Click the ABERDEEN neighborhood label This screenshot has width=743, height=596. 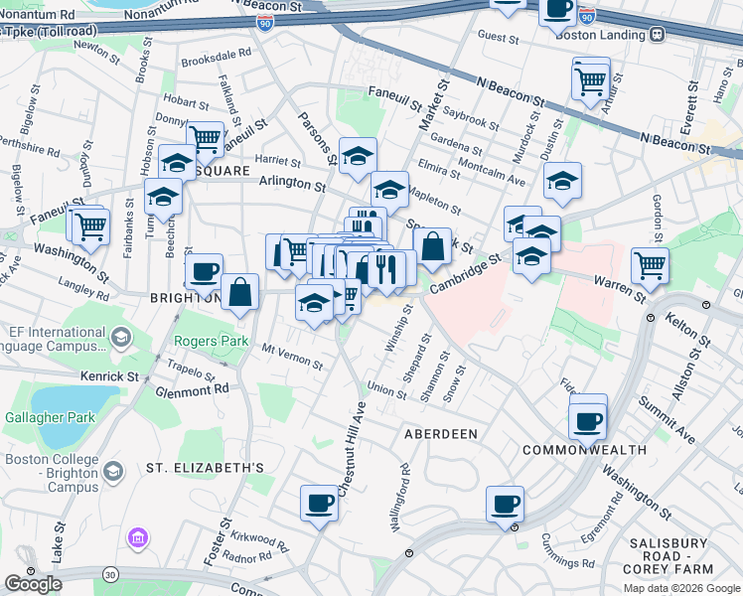tap(440, 434)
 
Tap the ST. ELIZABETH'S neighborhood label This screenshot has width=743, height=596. tap(205, 467)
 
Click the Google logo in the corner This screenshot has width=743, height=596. tap(33, 584)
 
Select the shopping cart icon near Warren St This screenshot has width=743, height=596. tap(650, 265)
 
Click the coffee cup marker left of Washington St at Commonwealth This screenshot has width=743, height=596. tap(587, 421)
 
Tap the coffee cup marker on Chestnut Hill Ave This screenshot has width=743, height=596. tap(320, 504)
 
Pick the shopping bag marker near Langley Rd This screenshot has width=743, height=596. tap(239, 292)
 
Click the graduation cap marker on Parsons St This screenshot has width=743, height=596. tap(358, 155)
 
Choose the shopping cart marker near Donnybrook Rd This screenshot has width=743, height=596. tap(206, 138)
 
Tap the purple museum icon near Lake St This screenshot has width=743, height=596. tap(137, 538)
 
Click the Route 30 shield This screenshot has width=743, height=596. tap(108, 573)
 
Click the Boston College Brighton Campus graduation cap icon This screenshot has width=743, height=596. tap(113, 471)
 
